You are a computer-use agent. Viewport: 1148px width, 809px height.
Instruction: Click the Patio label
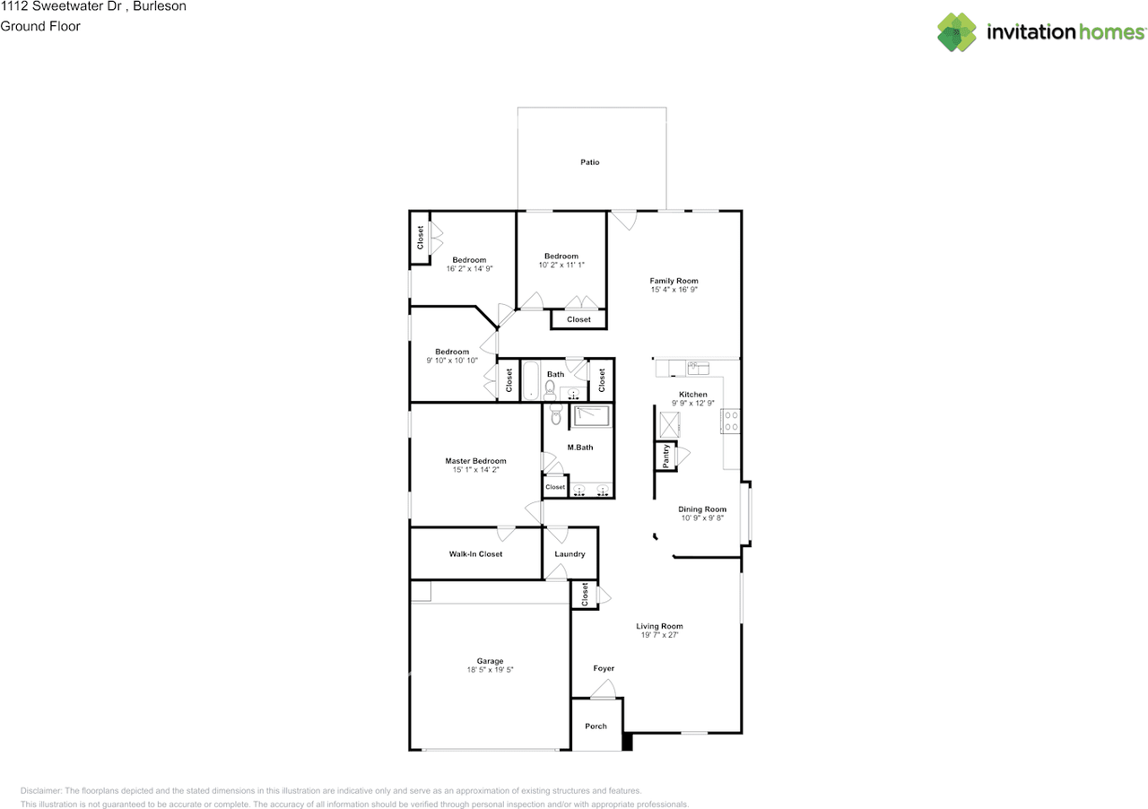click(x=589, y=162)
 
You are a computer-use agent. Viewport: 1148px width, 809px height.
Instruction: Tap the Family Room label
click(x=674, y=281)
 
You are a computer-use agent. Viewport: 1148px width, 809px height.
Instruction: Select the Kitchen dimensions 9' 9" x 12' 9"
click(x=693, y=403)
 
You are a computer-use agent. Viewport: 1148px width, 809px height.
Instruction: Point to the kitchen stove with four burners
click(x=731, y=421)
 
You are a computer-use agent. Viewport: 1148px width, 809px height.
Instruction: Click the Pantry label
click(x=665, y=456)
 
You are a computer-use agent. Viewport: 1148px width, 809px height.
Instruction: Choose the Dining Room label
click(x=702, y=509)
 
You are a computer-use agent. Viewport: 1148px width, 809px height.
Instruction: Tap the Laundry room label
click(x=570, y=553)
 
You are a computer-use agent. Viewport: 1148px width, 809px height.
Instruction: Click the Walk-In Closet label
click(x=475, y=553)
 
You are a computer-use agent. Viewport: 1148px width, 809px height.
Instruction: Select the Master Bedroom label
click(x=475, y=460)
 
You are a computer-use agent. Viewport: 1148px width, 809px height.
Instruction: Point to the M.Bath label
click(x=579, y=447)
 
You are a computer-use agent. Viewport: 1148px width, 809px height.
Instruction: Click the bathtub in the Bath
click(x=530, y=380)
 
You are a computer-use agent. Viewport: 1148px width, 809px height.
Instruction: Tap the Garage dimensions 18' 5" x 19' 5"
click(x=490, y=670)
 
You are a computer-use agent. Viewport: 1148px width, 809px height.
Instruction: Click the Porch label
click(x=596, y=726)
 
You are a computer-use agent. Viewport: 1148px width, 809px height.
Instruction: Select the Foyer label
click(x=604, y=668)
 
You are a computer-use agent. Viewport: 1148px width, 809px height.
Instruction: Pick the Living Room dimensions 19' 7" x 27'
click(x=659, y=635)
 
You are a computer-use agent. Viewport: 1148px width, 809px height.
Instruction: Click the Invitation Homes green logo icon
click(x=956, y=32)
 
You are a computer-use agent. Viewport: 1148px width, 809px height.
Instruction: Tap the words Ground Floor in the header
click(x=40, y=26)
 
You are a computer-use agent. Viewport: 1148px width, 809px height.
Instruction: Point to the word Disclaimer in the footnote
click(x=40, y=790)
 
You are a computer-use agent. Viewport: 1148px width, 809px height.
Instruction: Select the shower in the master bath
click(x=591, y=416)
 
